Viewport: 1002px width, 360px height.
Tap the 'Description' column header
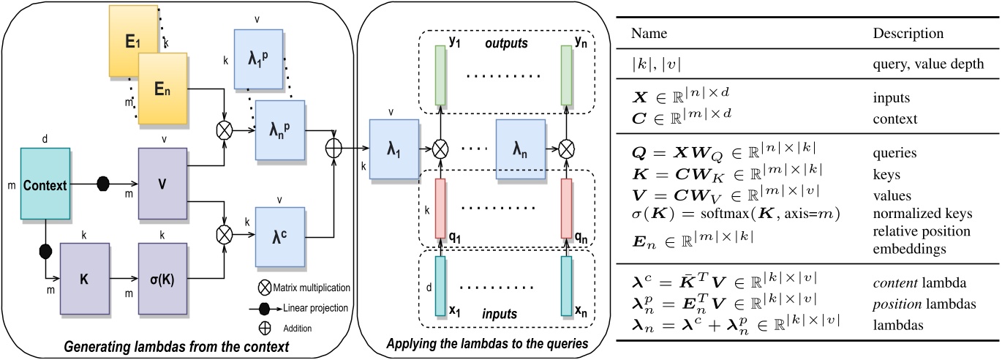point(908,34)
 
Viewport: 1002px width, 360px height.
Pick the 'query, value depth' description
point(925,65)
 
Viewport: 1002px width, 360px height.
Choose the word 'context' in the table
point(894,118)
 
